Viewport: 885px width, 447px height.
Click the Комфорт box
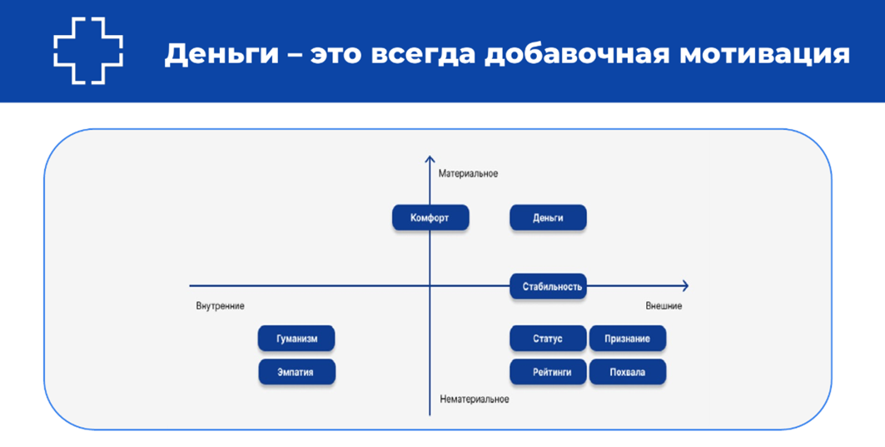430,218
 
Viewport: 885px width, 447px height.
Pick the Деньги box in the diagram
548,218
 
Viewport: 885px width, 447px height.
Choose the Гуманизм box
297,339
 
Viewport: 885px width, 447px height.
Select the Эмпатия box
297,372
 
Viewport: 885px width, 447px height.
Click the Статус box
548,339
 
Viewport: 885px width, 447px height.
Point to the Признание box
628,339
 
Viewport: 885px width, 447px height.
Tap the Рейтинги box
548,372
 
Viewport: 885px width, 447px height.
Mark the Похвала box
628,372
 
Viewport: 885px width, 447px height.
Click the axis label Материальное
468,174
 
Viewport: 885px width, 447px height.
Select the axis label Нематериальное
474,400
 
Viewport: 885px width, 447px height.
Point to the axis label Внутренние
220,306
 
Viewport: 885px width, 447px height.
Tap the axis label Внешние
664,306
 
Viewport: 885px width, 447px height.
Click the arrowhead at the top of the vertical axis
430,158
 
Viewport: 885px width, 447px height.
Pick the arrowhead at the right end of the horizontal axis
684,286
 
